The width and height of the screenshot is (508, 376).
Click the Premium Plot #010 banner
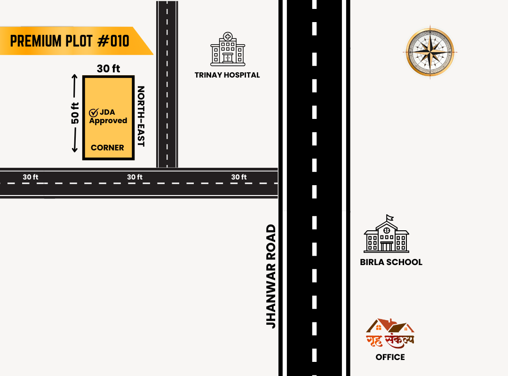point(71,41)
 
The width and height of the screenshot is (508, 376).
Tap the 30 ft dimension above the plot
point(109,69)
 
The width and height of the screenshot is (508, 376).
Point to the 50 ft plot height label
point(75,113)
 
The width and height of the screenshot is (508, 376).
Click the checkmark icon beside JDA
point(93,113)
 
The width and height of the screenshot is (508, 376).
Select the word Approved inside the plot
point(108,121)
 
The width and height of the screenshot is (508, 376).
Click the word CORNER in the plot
point(107,148)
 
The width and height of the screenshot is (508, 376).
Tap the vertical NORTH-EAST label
point(140,116)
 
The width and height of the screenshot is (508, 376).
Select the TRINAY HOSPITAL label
point(227,75)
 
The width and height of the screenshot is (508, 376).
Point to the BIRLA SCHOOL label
point(391,262)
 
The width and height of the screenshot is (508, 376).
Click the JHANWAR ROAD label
point(271,276)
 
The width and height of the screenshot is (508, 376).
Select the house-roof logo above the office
point(390,326)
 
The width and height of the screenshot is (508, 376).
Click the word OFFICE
point(390,357)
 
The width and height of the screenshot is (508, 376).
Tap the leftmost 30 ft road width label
point(31,177)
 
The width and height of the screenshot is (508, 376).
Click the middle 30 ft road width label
point(135,177)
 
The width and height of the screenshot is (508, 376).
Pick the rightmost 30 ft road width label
point(239,177)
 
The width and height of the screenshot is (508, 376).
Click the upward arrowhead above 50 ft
point(74,77)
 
